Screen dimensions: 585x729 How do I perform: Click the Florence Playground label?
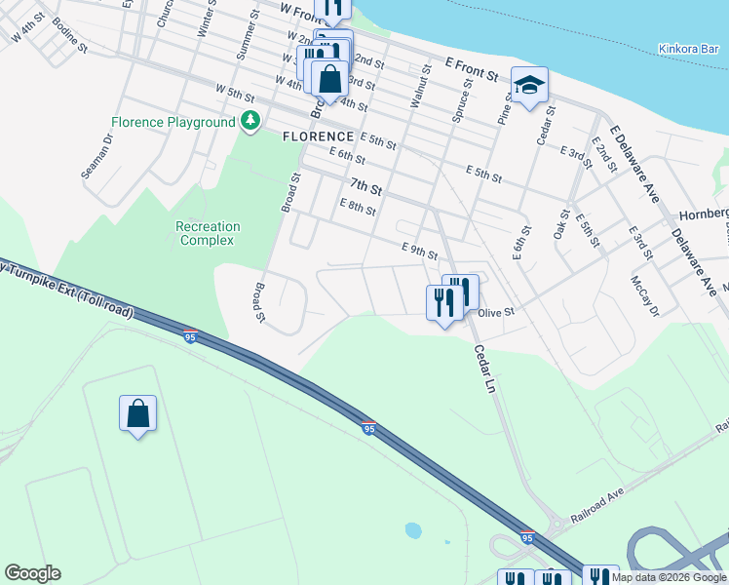pyautogui.click(x=173, y=122)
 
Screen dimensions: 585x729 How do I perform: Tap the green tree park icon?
pyautogui.click(x=251, y=121)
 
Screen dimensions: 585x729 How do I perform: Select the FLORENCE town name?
pyautogui.click(x=318, y=136)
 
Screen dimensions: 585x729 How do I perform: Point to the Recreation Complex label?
pyautogui.click(x=208, y=233)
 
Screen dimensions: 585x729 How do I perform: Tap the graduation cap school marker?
pyautogui.click(x=529, y=86)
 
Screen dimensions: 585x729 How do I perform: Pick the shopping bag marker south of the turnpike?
pyautogui.click(x=137, y=413)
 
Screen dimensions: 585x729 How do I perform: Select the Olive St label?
pyautogui.click(x=495, y=313)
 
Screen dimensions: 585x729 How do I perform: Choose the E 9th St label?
pyautogui.click(x=419, y=252)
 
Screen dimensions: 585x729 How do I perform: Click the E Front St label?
pyautogui.click(x=471, y=67)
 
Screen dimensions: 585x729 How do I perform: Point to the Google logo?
pyautogui.click(x=32, y=573)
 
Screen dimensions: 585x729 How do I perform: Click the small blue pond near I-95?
pyautogui.click(x=413, y=530)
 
